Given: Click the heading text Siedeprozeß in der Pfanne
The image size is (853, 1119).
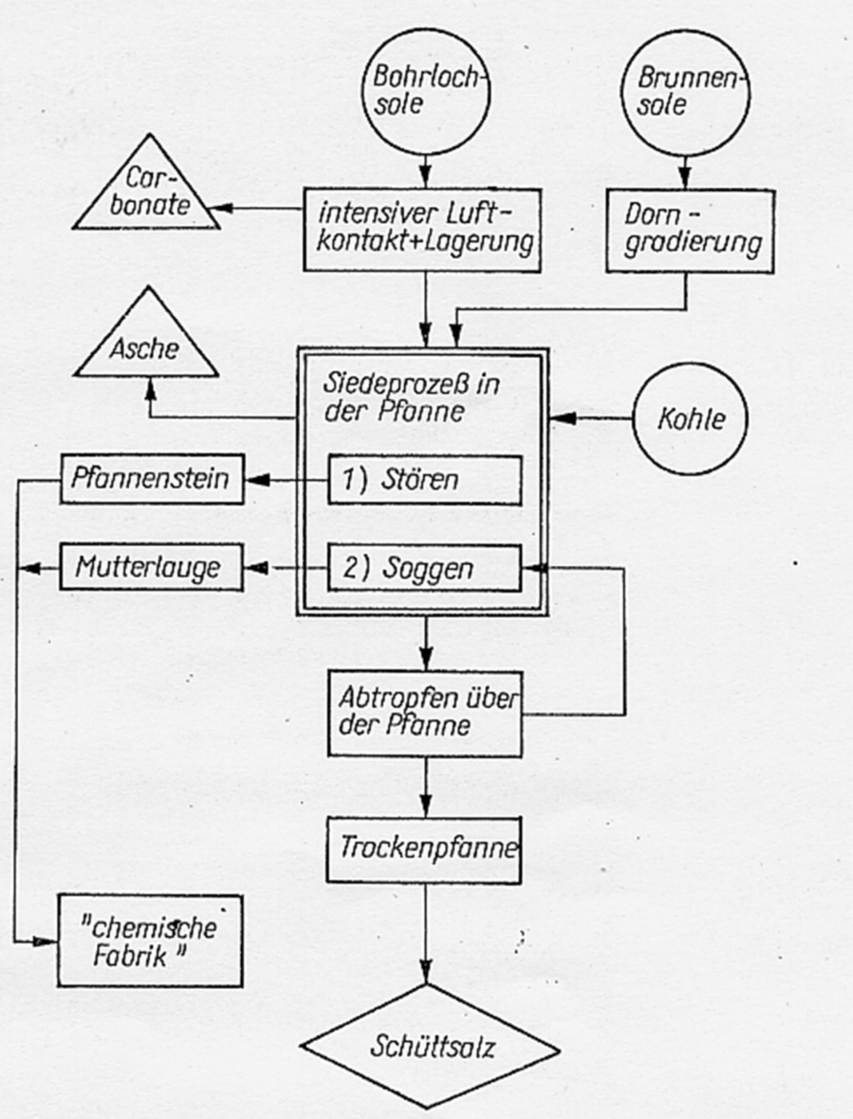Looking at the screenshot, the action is point(411,398).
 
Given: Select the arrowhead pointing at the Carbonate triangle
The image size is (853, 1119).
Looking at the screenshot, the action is point(220,208).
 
